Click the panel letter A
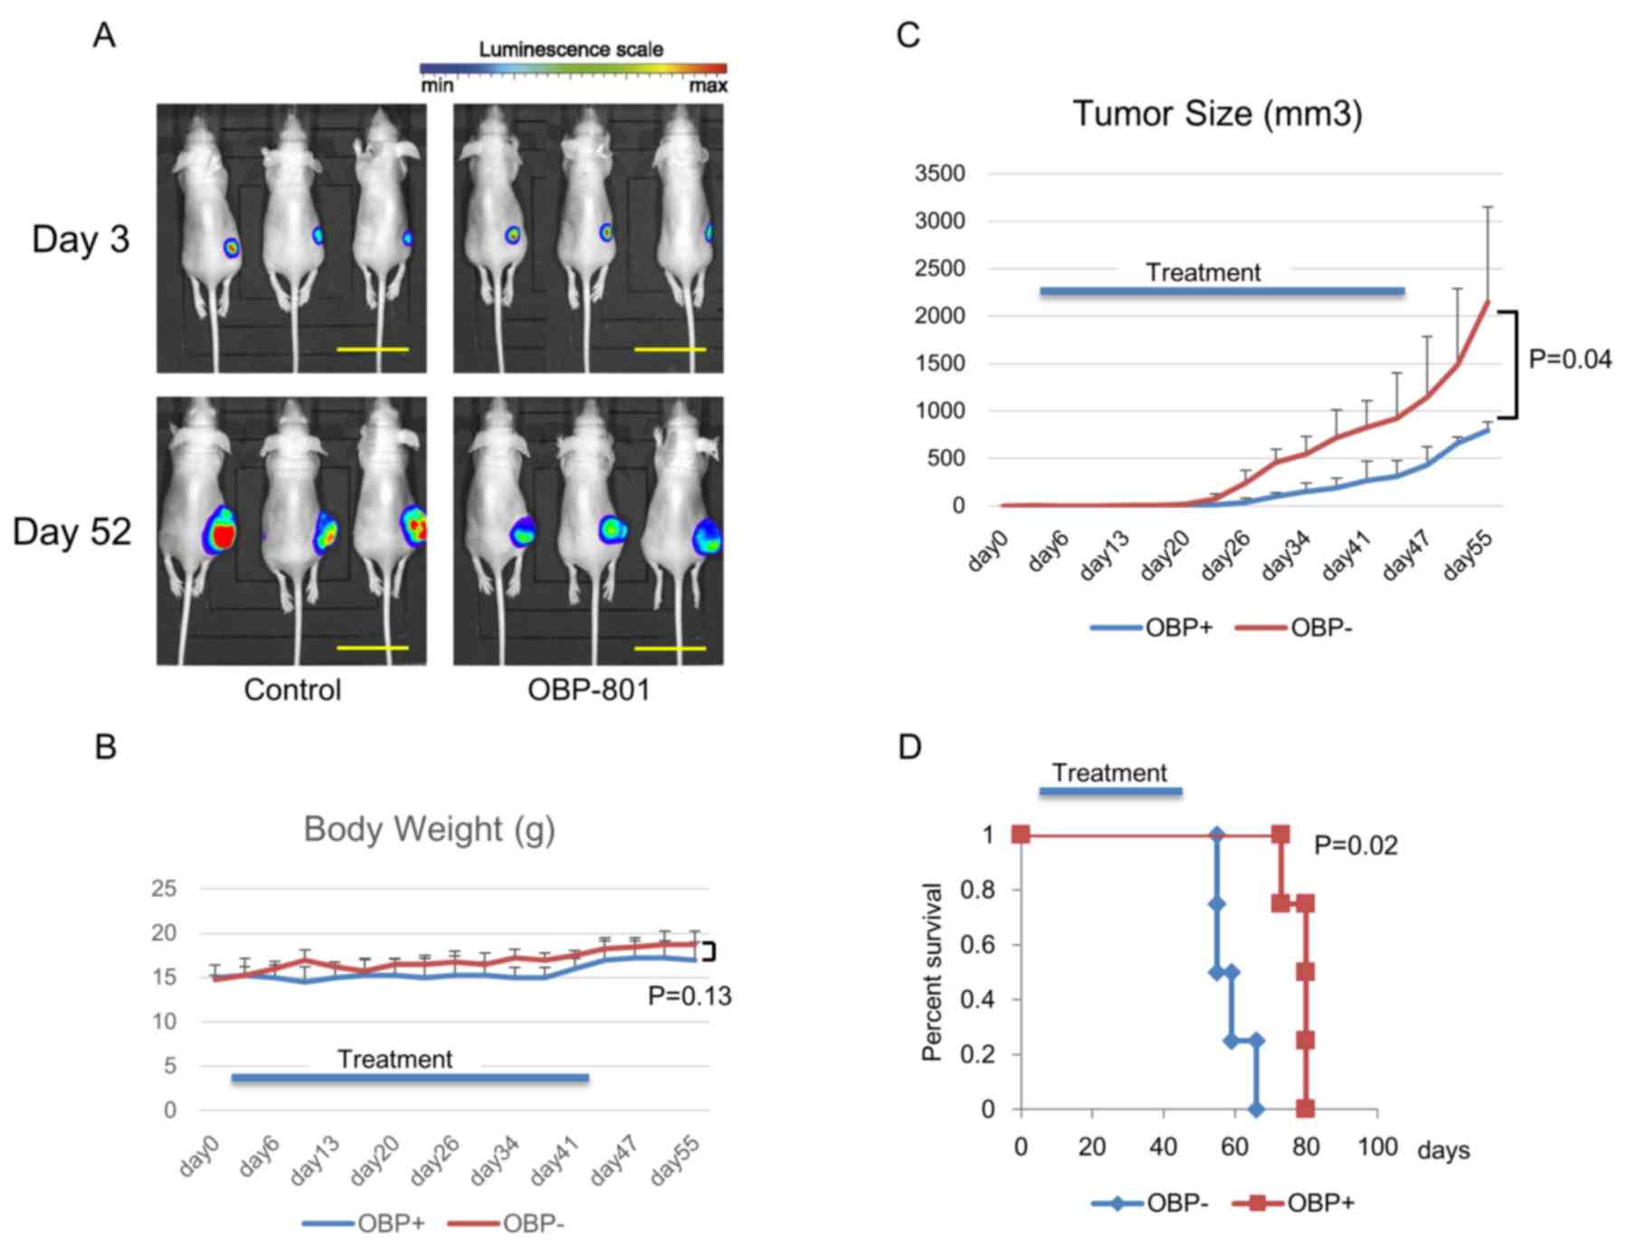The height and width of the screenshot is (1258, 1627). coord(104,36)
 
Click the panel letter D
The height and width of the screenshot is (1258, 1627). coord(909,748)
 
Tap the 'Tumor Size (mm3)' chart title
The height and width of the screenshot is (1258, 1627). coord(1217,115)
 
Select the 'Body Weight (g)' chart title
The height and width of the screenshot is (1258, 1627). coord(429,829)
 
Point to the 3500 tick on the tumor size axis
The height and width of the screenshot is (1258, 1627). coord(939,173)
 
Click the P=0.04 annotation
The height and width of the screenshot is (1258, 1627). coord(1570,360)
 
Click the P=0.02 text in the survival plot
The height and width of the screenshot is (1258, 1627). coord(1356,846)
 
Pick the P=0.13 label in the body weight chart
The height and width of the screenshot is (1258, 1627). coord(690,996)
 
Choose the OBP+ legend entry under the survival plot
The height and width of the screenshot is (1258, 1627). coord(1320,1203)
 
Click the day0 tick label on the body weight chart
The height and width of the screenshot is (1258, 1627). coord(200,1158)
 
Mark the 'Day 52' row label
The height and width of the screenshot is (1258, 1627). coord(72,532)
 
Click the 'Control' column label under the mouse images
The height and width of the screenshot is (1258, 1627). coord(292,691)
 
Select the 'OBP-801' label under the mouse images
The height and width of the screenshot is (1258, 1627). coord(588,691)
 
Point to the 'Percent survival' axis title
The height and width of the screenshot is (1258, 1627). coord(931,971)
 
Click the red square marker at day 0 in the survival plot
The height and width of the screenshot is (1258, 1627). coord(1022,834)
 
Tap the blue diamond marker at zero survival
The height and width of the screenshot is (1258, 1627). coord(1255,1109)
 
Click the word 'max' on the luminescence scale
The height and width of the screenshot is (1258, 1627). coord(708,86)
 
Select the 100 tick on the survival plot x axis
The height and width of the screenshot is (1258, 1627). coord(1376,1148)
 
